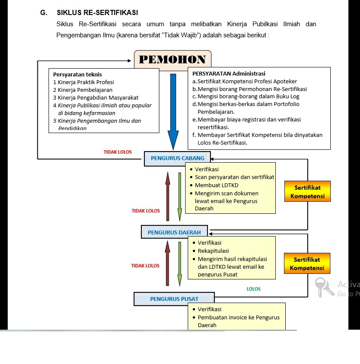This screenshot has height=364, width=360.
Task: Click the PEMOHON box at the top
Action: (x=172, y=60)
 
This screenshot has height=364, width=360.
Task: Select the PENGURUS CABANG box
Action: (x=177, y=158)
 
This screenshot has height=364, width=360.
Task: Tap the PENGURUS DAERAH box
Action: (x=174, y=232)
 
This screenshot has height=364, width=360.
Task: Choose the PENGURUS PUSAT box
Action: (x=174, y=299)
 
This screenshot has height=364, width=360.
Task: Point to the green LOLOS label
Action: (x=253, y=289)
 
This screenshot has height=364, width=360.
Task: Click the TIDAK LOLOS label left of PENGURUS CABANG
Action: (x=118, y=152)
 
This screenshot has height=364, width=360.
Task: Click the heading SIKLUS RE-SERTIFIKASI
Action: (x=97, y=13)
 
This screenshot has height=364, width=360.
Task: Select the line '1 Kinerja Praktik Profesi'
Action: (x=83, y=82)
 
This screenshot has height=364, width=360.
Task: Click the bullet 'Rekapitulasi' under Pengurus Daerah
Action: (x=213, y=251)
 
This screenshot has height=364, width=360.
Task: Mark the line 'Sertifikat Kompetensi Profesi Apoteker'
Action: (x=247, y=81)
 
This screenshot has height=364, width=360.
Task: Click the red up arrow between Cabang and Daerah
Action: (x=168, y=195)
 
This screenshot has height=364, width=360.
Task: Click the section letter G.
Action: (x=43, y=13)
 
